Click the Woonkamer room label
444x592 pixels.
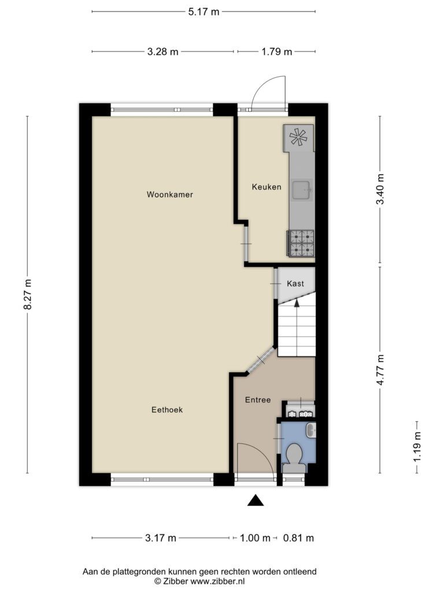point(170,194)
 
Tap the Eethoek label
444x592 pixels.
point(167,410)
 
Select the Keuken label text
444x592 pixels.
point(267,187)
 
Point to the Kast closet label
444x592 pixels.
point(295,283)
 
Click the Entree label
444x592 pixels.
point(258,400)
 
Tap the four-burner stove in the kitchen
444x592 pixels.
point(301,243)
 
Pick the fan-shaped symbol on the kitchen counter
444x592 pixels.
point(298,137)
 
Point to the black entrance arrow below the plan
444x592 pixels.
point(256,500)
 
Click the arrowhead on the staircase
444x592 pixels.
point(297,302)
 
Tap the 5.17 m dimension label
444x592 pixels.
point(204,12)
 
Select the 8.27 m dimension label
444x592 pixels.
point(27,294)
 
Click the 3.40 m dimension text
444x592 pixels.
point(380,189)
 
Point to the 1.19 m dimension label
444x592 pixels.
point(417,447)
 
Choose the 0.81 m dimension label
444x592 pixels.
point(299,538)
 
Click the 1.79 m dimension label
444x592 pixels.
point(277,51)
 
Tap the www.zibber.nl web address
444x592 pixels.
point(217,581)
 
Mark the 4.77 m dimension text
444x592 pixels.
point(380,370)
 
